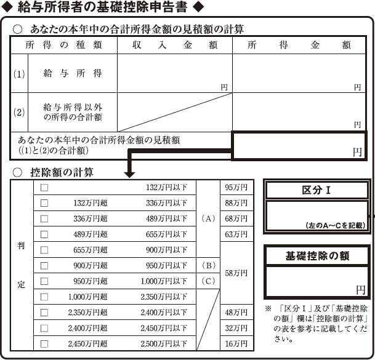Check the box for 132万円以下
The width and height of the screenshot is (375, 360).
44,188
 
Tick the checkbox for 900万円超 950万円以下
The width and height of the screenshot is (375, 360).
44,266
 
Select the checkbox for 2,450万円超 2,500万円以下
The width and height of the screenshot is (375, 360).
44,344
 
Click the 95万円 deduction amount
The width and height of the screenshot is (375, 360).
236,188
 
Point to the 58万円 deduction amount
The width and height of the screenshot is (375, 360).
236,273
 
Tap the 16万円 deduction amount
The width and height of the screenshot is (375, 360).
236,344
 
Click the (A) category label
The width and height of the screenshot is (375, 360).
208,218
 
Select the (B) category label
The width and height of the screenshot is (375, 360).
208,266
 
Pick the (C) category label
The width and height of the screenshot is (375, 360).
208,281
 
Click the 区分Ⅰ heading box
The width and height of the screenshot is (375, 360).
317,190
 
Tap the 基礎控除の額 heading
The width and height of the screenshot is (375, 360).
317,256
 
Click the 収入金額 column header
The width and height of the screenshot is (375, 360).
175,45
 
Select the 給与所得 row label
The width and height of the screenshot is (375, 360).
73,73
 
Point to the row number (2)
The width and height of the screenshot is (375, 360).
19,113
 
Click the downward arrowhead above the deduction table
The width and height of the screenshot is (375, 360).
129,174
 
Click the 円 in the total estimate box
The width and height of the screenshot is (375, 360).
357,152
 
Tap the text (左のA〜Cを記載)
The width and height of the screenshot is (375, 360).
336,225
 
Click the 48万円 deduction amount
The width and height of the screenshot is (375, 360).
236,313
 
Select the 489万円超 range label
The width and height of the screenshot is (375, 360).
90,234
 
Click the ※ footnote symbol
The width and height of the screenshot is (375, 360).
268,308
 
